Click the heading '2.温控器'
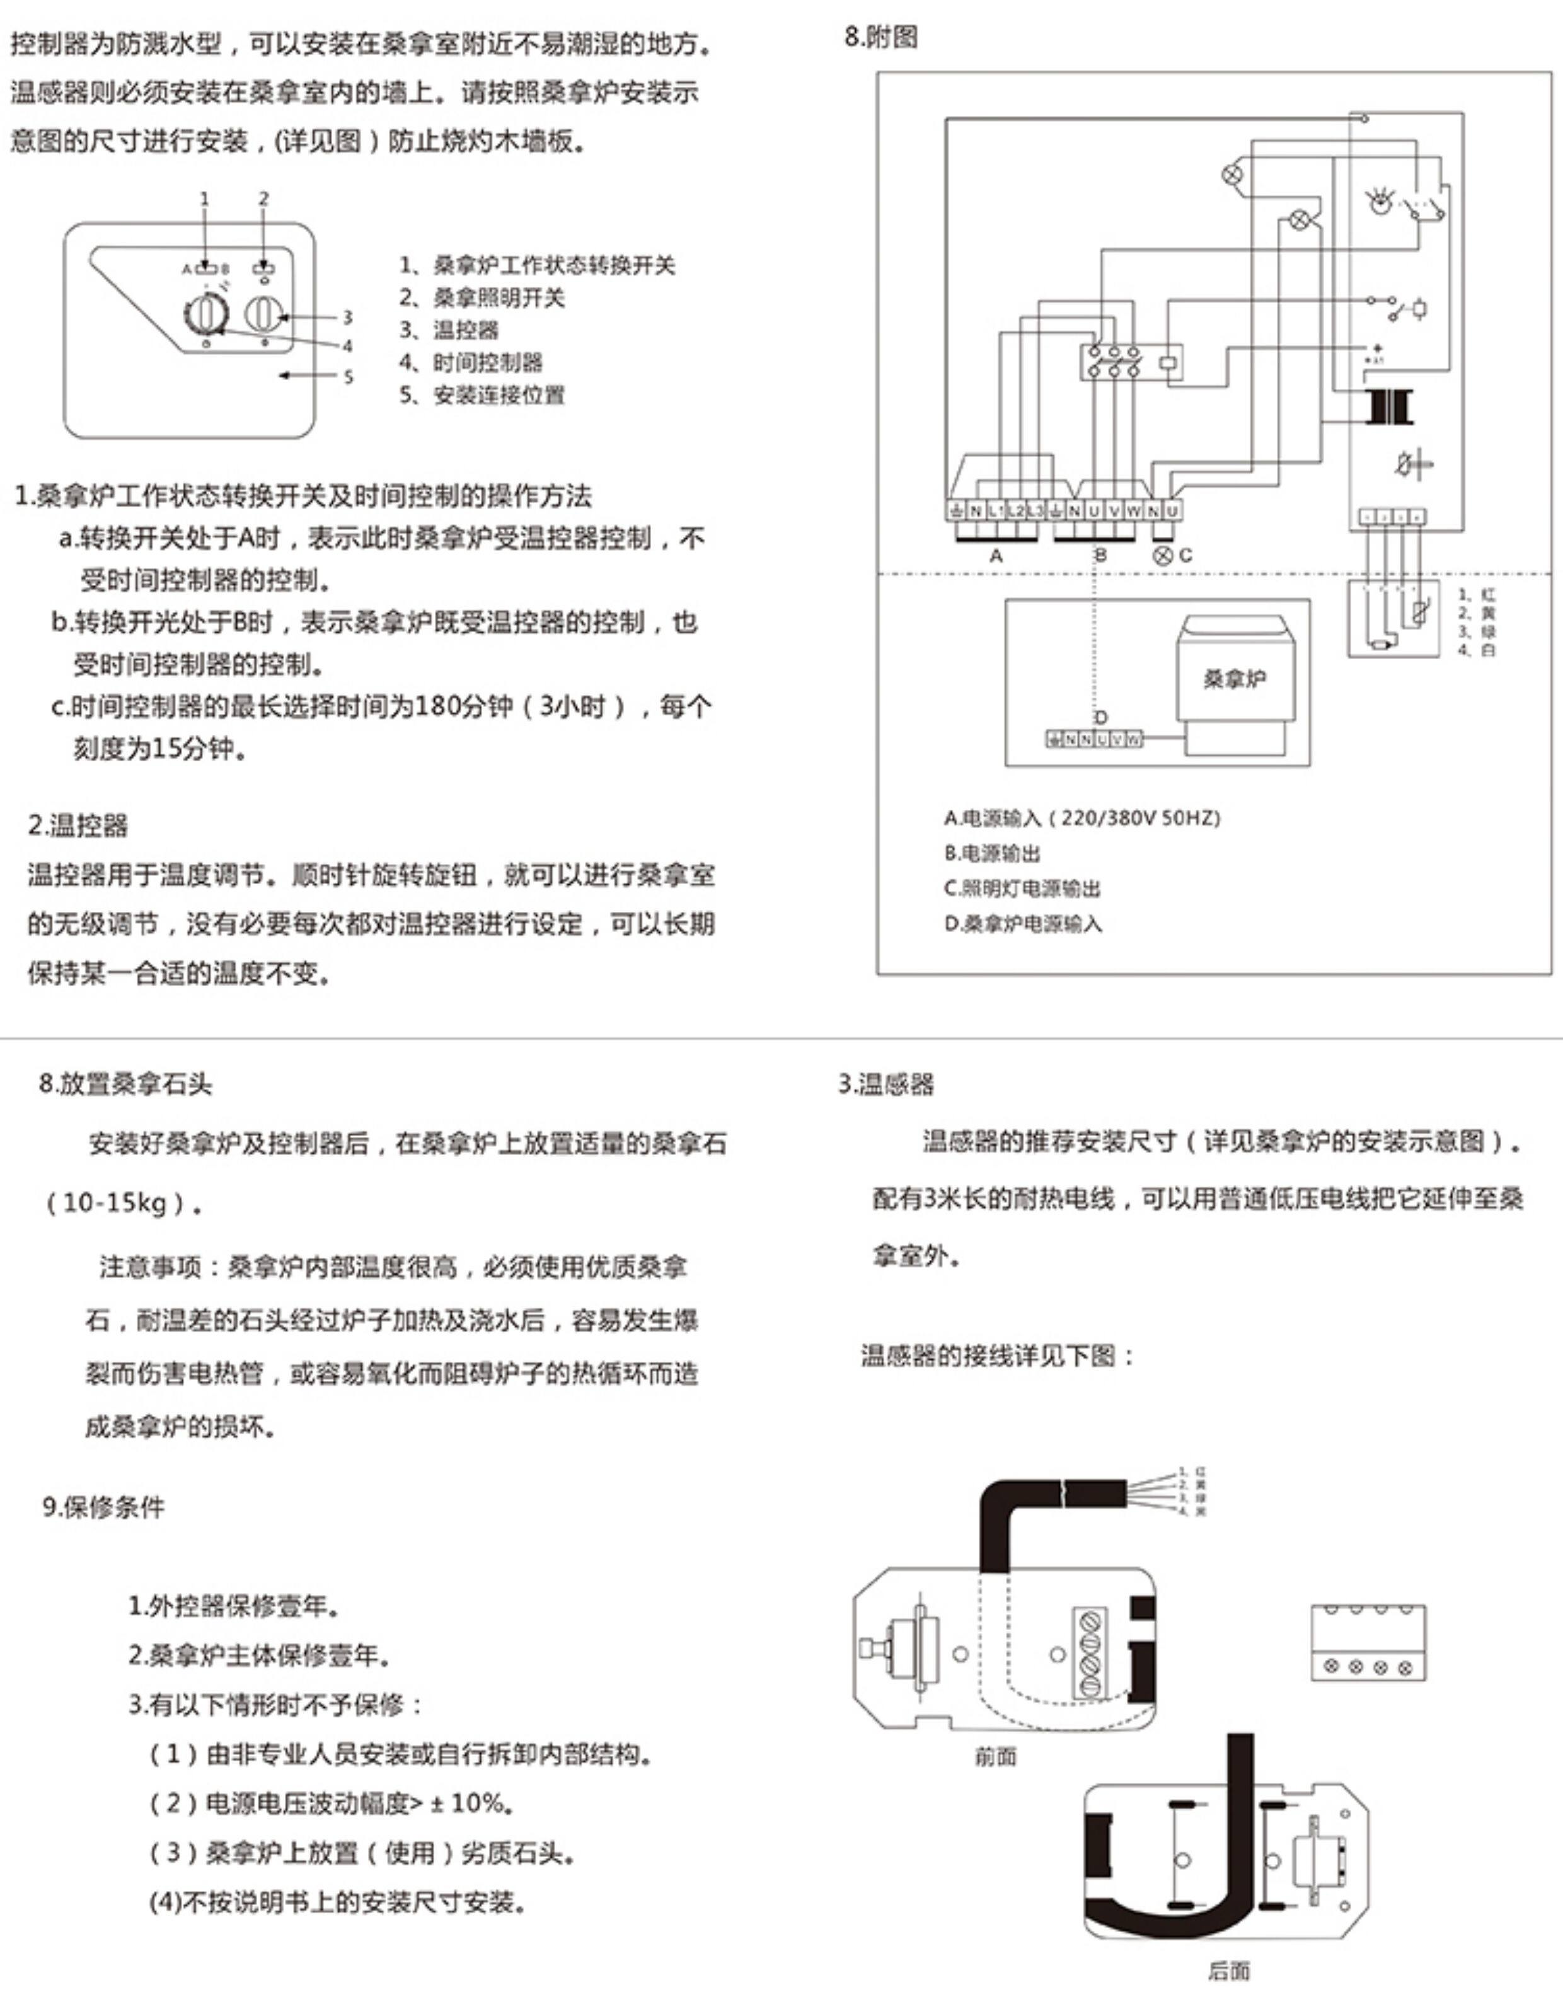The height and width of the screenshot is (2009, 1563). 78,825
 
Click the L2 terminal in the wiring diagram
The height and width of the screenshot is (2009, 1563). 1015,510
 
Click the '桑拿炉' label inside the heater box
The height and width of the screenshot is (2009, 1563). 1233,679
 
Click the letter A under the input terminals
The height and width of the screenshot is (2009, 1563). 995,556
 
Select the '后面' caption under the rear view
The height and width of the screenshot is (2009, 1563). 1229,1971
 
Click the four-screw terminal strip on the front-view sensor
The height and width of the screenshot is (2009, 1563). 1091,1652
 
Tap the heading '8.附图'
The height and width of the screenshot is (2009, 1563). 881,38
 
